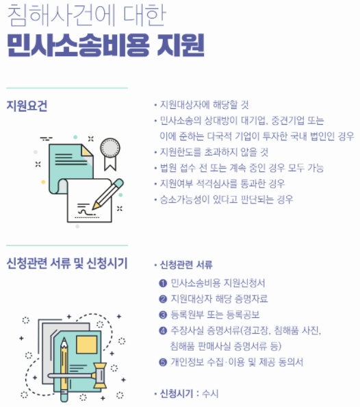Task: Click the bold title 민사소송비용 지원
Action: [x=105, y=45]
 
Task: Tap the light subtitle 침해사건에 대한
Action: [x=86, y=15]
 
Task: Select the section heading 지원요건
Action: [x=27, y=106]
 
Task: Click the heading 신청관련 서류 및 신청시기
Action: [x=67, y=264]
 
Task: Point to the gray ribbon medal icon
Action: [x=110, y=153]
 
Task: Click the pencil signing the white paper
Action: [x=107, y=194]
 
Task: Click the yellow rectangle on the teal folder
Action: [x=87, y=345]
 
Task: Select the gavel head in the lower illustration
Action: [x=100, y=375]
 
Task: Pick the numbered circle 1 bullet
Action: [x=163, y=283]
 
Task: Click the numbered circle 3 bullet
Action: [x=163, y=315]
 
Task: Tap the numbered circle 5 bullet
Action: [x=163, y=362]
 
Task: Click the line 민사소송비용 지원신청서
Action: [x=218, y=283]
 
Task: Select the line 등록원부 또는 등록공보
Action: [x=215, y=314]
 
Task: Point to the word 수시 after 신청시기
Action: [x=210, y=393]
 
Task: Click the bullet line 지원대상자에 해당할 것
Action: [x=205, y=105]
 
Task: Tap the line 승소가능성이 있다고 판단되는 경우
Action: [x=227, y=199]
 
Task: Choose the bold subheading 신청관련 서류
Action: [x=186, y=264]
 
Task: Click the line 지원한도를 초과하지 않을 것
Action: [x=214, y=152]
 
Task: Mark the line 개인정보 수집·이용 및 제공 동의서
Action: [x=237, y=362]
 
